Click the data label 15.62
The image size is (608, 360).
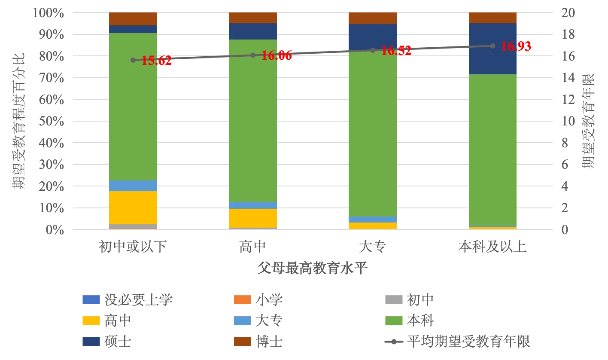click(156, 61)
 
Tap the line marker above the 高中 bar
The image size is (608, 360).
click(253, 55)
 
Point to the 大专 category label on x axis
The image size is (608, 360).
click(372, 247)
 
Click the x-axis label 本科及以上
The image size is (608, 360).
click(492, 247)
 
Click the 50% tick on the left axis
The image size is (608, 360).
click(52, 121)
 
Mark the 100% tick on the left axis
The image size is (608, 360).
click(49, 13)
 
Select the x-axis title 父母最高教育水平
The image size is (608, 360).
click(313, 268)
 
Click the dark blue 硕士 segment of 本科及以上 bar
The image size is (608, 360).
click(492, 49)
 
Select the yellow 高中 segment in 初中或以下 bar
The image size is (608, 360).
click(133, 207)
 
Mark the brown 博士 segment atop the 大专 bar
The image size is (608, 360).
click(372, 18)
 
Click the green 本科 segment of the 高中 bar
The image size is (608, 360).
click(253, 120)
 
